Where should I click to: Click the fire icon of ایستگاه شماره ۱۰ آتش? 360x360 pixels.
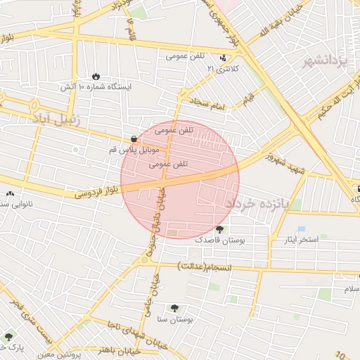96,76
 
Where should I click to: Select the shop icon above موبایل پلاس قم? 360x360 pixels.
134,139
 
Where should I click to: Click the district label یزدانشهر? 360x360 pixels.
326,63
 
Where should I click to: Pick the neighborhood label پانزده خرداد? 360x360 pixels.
257,203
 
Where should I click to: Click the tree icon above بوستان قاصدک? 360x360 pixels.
219,229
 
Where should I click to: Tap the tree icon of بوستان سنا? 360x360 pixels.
174,308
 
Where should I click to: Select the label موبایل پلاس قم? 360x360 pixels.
134,150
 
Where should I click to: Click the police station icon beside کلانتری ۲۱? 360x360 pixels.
223,58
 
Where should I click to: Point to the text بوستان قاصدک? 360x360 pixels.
219,240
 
